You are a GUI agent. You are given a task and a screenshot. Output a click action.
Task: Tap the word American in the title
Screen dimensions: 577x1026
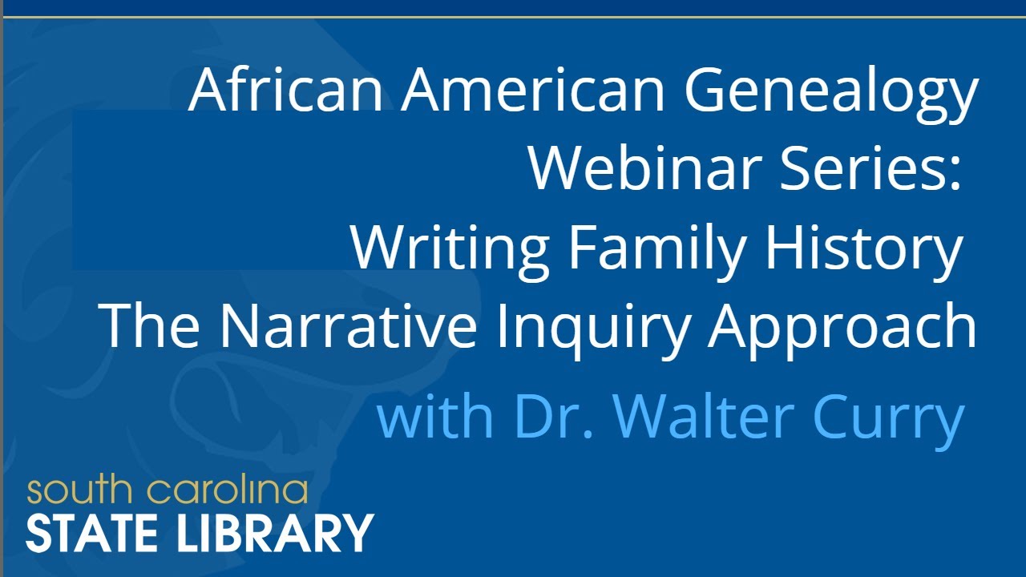[533, 90]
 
